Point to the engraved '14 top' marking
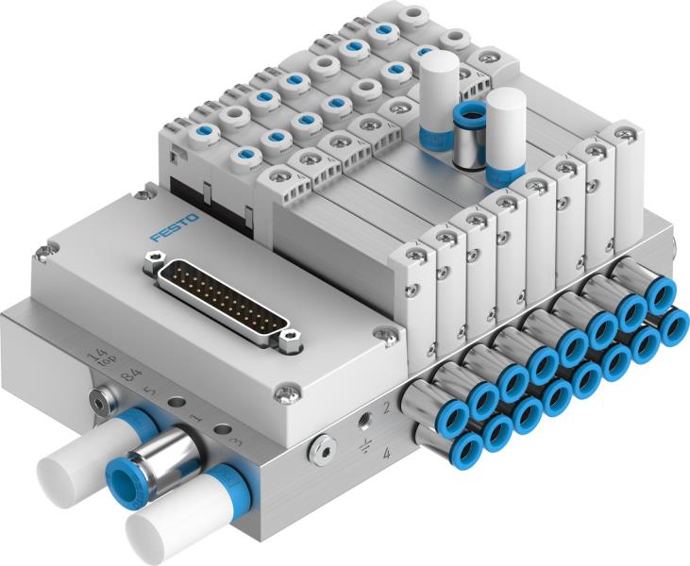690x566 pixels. (95, 358)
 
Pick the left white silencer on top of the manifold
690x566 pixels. (438, 99)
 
